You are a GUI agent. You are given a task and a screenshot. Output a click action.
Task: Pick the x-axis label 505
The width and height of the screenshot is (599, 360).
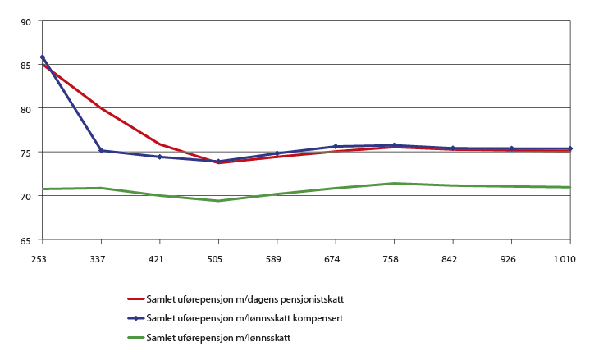coord(218,258)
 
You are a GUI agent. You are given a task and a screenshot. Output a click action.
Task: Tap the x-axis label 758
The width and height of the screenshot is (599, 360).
coord(395,258)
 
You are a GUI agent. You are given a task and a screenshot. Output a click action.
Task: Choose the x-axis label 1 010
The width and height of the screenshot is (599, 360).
coord(569,258)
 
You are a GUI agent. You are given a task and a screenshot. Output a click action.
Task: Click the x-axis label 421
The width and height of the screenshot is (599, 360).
coord(159,258)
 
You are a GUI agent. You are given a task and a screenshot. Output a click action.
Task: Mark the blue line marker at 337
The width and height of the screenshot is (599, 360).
coord(101,151)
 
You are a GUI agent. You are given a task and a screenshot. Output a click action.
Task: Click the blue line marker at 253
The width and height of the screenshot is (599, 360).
coord(42,57)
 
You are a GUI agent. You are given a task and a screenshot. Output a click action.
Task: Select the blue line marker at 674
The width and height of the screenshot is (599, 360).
coord(336,146)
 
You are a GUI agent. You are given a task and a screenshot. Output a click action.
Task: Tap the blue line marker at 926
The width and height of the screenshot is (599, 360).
coord(512,148)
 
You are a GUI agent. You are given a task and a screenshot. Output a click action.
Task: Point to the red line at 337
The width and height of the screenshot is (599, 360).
coord(101,108)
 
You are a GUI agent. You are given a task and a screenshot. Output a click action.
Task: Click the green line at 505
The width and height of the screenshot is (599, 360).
coord(218,201)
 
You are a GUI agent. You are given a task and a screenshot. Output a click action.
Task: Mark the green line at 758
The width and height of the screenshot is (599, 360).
coord(395,183)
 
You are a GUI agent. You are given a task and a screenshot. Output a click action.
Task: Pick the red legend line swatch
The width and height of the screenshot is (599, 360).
coord(136,298)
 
